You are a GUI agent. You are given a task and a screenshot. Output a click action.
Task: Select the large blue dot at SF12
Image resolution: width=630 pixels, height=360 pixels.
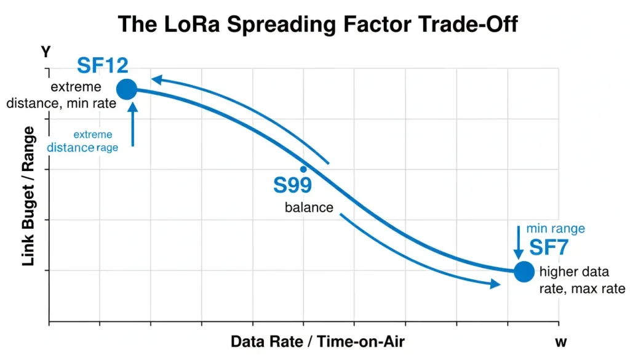126,89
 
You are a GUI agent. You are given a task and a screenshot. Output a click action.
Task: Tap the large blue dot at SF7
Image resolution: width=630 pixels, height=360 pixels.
524,271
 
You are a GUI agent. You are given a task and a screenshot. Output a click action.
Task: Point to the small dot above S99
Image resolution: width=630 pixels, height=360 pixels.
303,169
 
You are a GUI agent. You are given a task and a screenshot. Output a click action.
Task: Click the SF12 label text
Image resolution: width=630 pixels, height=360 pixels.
103,65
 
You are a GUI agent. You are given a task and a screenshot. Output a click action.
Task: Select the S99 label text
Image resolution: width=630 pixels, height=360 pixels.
292,185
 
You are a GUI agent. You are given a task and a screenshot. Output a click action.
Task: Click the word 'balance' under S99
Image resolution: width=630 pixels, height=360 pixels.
309,207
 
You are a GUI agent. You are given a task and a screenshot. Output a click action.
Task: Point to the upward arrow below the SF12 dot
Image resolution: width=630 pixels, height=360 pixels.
133,123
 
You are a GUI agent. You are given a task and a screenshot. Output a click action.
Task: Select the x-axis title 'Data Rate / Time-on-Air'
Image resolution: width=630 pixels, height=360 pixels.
317,342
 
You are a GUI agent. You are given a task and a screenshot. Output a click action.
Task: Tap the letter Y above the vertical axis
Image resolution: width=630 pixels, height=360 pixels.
46,52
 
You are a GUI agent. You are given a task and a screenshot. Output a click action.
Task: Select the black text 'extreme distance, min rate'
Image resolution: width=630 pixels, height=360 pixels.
61,95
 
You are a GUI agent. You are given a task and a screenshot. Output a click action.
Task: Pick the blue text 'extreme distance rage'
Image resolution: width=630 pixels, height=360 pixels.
82,141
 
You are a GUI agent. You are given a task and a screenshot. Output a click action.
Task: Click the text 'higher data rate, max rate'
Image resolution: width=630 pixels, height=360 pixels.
581,280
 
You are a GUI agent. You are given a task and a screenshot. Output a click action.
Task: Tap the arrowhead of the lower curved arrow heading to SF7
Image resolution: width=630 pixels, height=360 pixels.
494,284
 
